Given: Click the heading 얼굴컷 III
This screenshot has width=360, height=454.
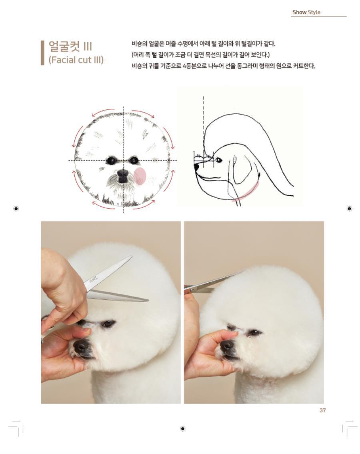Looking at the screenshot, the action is point(70,46).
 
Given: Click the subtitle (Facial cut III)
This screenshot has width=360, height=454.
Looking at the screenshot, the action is point(76,60).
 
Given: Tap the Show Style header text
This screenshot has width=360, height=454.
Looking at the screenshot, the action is point(306,12).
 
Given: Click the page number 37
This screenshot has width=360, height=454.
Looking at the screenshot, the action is point(323,410).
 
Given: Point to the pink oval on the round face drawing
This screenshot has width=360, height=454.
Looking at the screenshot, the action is point(140,176).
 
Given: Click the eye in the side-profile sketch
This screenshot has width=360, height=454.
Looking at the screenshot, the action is point(218,159).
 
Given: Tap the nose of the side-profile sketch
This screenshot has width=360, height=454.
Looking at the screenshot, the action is point(196,167).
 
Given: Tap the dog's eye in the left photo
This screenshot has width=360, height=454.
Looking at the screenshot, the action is point(108,323).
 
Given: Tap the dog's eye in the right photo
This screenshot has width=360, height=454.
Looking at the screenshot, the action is point(254,332).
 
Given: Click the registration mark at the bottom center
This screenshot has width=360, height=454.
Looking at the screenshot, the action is point(183,428).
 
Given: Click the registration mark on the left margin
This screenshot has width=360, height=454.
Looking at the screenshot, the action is point(16,209).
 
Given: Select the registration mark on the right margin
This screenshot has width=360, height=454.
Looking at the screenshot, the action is point(349,209).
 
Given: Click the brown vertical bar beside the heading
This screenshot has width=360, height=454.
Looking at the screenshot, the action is point(42,53).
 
